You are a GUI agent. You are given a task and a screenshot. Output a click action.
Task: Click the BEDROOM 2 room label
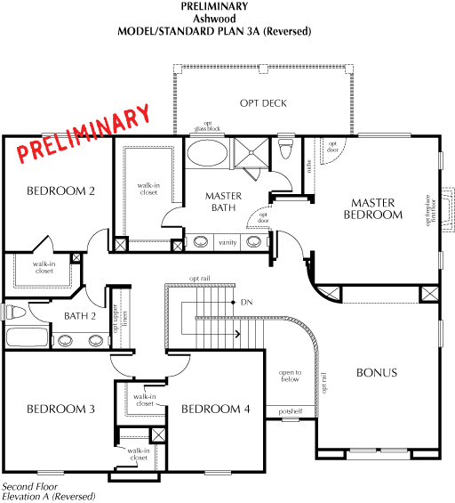pyautogui.click(x=60, y=191)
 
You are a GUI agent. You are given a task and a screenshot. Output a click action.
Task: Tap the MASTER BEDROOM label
pyautogui.click(x=373, y=208)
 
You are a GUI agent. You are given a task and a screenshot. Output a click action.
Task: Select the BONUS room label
pyautogui.click(x=377, y=372)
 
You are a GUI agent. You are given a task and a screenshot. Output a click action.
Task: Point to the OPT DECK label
pyautogui.click(x=263, y=103)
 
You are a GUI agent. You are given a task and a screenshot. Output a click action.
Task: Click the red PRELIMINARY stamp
pyautogui.click(x=84, y=134)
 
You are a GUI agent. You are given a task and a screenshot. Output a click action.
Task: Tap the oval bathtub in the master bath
pyautogui.click(x=207, y=153)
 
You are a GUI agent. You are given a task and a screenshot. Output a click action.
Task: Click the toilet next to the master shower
pyautogui.click(x=285, y=149)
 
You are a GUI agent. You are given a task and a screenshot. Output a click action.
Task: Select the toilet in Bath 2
pyautogui.click(x=15, y=312)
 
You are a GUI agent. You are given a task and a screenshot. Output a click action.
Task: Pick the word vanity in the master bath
pyautogui.click(x=227, y=242)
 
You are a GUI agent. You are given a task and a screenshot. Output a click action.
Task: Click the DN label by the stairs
pyautogui.click(x=246, y=302)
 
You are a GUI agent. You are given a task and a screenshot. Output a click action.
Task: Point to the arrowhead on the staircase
pyautogui.click(x=237, y=334)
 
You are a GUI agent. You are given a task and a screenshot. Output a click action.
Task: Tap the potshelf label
pyautogui.click(x=290, y=411)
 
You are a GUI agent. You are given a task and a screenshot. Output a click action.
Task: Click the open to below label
pyautogui.click(x=290, y=376)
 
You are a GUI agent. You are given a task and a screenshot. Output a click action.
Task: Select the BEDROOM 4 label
pyautogui.click(x=215, y=409)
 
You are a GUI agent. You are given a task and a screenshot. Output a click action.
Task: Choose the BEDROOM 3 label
pyautogui.click(x=60, y=409)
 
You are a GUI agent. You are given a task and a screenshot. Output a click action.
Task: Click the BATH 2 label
pyautogui.click(x=80, y=316)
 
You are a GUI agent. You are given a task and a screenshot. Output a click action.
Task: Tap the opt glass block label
pyautogui.click(x=207, y=126)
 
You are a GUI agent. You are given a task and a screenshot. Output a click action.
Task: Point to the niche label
pyautogui.click(x=309, y=166)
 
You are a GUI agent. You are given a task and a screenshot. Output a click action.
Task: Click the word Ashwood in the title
pyautogui.click(x=214, y=19)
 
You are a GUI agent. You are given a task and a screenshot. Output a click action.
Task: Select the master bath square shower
pyautogui.click(x=251, y=153)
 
